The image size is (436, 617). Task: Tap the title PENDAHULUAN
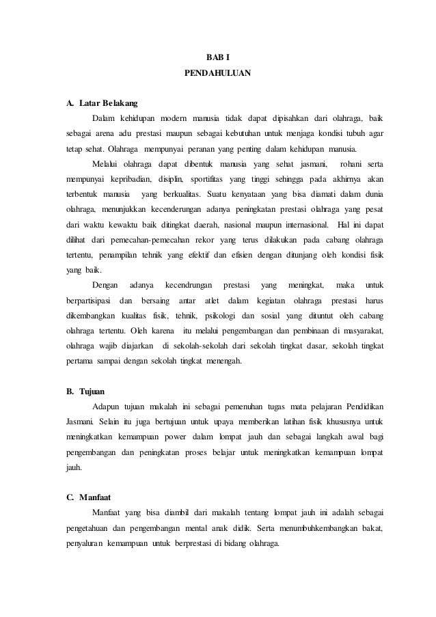[x=217, y=70]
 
